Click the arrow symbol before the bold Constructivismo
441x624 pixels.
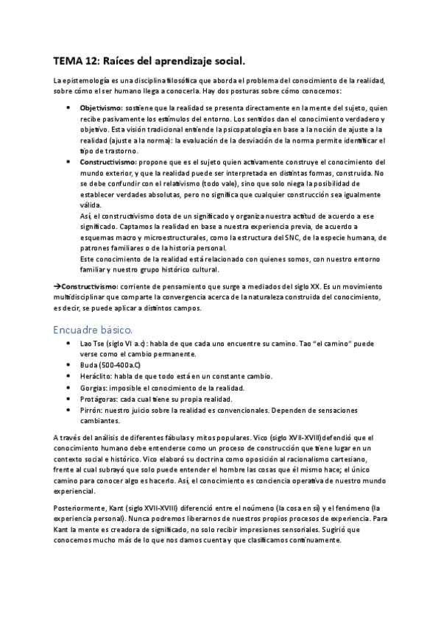[57, 285]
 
